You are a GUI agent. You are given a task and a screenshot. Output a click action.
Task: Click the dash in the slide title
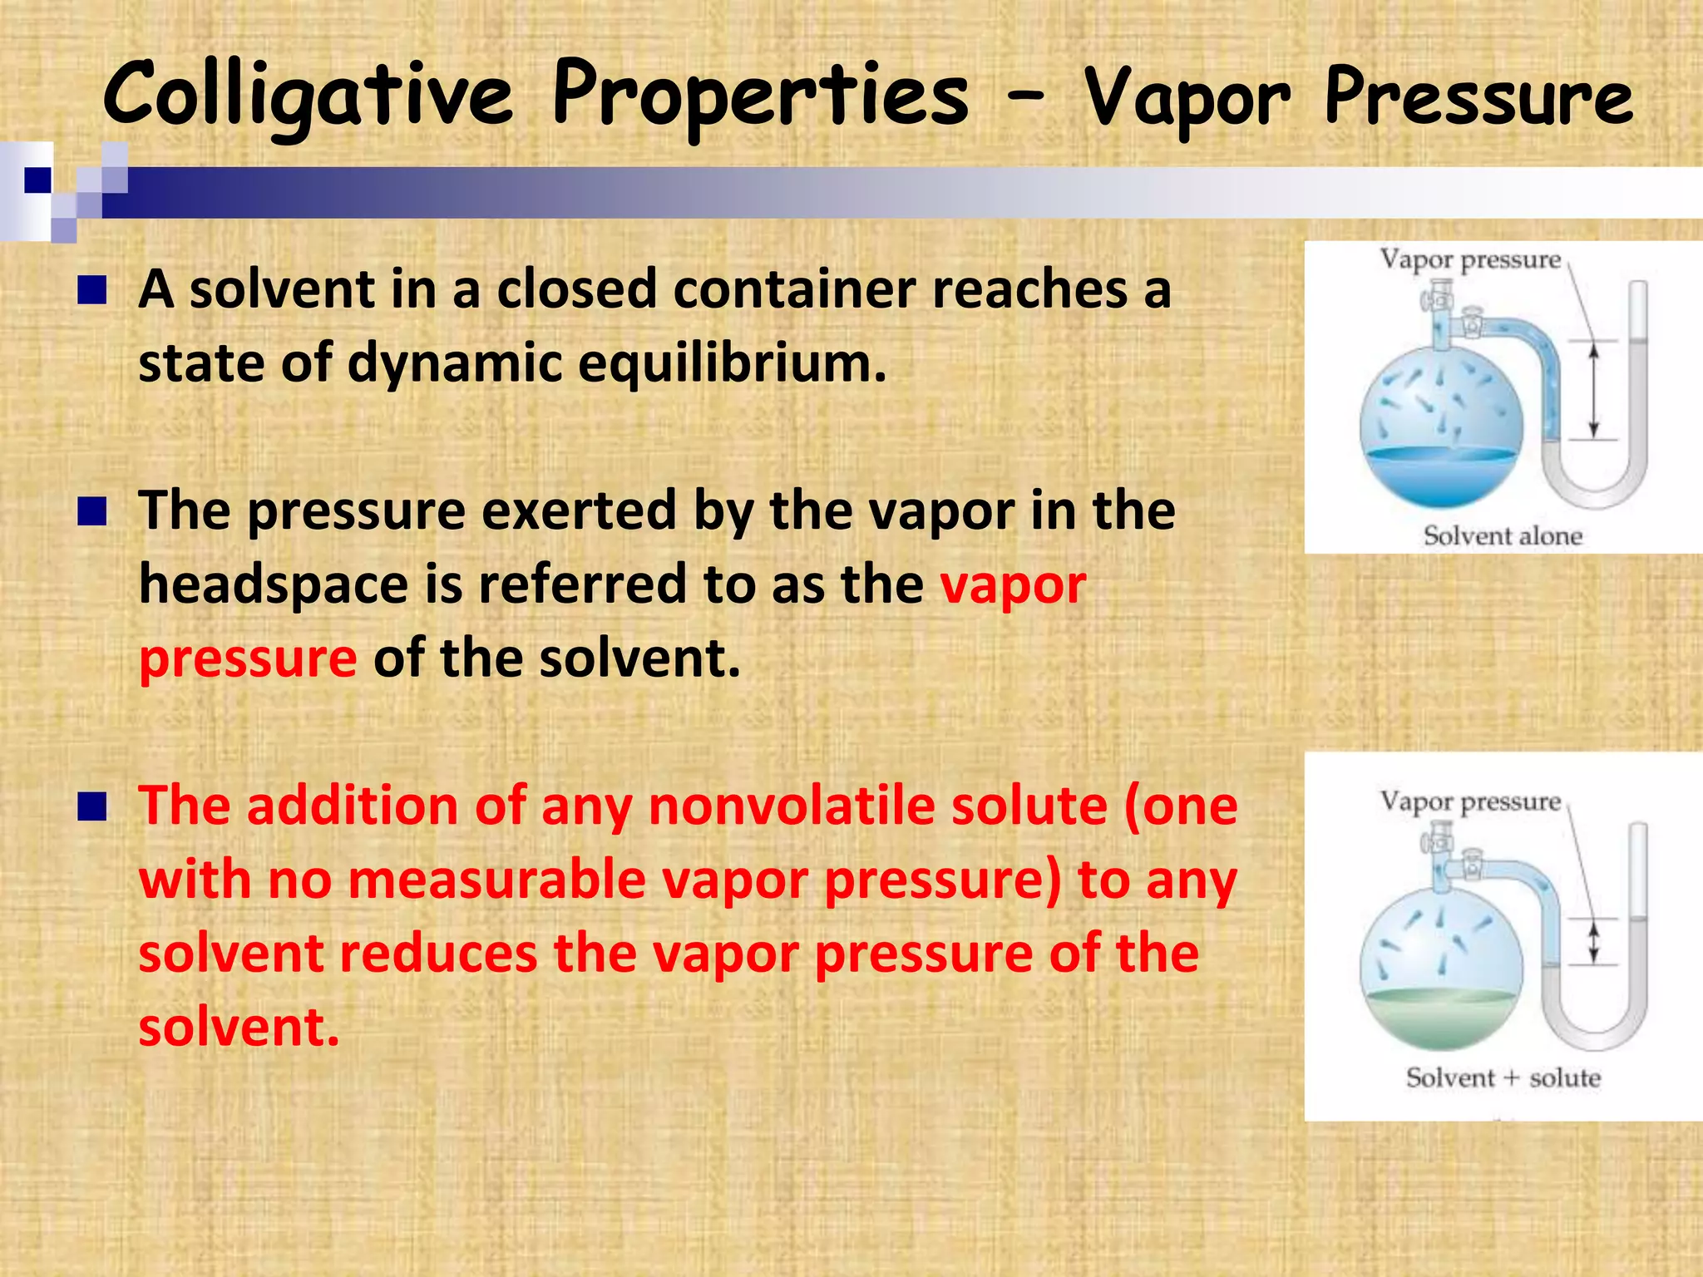[x=1024, y=97]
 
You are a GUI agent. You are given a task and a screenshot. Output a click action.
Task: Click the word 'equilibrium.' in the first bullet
[x=732, y=364]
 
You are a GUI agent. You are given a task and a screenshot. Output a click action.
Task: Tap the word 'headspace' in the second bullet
[x=274, y=584]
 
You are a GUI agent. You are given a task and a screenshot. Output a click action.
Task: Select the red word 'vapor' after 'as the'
[x=1012, y=584]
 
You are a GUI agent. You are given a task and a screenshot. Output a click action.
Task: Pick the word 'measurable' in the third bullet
[x=496, y=880]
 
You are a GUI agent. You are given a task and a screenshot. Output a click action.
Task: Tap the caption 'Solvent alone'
[x=1502, y=535]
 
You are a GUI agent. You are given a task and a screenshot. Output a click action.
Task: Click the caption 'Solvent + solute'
[x=1502, y=1077]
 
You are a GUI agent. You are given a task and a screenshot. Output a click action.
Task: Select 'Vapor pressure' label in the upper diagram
[x=1470, y=259]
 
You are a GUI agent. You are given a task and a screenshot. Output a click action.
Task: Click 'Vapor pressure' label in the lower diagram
[x=1470, y=801]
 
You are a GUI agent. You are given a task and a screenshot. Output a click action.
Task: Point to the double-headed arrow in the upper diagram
[x=1593, y=391]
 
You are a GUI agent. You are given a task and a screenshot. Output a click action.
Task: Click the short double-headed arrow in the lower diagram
[x=1593, y=943]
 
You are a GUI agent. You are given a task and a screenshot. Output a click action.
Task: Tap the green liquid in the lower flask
[x=1442, y=1018]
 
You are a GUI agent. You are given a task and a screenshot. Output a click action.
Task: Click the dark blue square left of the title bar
[x=37, y=180]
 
